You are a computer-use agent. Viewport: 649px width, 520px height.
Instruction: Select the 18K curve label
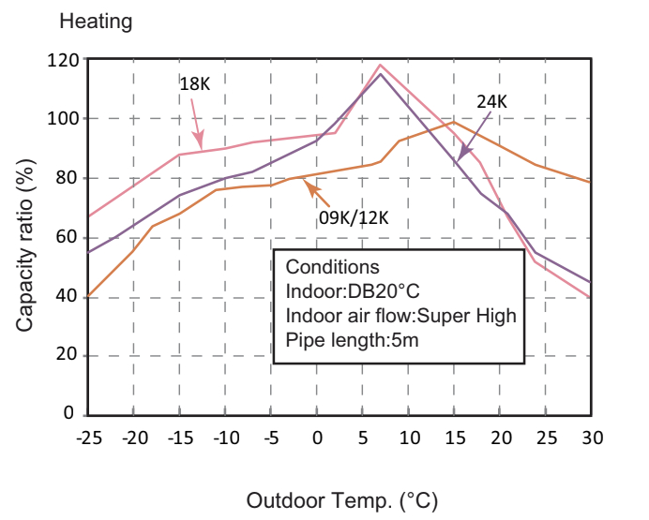pyautogui.click(x=195, y=83)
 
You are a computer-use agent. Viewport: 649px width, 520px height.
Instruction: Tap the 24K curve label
pyautogui.click(x=491, y=102)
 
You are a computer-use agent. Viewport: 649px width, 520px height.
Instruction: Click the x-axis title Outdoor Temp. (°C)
pyautogui.click(x=342, y=500)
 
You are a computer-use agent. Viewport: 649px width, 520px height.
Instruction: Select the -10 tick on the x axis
pyautogui.click(x=224, y=438)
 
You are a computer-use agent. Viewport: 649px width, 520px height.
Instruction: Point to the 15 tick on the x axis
pyautogui.click(x=454, y=438)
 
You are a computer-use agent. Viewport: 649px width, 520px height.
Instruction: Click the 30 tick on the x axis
pyautogui.click(x=591, y=438)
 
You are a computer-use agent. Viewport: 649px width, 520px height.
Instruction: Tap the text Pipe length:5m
pyautogui.click(x=352, y=340)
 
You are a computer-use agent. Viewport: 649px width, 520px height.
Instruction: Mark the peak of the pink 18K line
pyautogui.click(x=380, y=65)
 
